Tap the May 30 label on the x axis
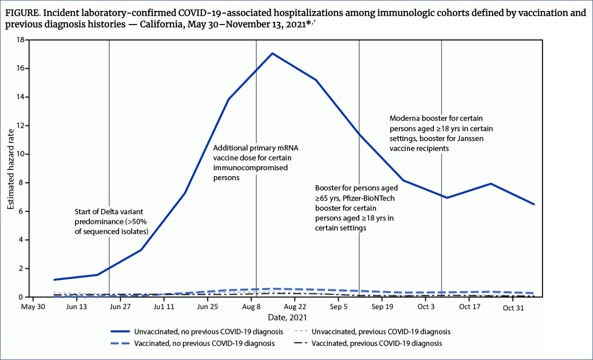coord(33,307)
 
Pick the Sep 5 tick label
coord(339,307)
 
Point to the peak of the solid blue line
coord(272,53)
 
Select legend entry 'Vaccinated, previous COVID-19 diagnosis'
coord(377,343)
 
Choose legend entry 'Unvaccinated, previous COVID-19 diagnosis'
coord(381,331)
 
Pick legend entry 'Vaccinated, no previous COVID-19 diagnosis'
coord(204,343)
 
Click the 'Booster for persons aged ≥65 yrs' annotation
coord(357,208)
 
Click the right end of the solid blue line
coord(534,204)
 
